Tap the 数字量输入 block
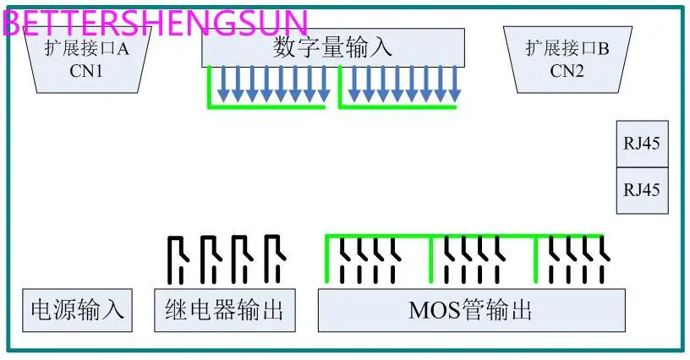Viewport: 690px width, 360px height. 332,47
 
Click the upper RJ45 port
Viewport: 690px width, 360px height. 641,144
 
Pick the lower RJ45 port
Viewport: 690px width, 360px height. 641,190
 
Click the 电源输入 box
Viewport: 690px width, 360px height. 77,310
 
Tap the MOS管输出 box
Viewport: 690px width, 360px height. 471,310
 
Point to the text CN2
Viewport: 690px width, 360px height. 567,71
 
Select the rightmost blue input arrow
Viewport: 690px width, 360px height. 454,85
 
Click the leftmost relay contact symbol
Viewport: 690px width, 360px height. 176,259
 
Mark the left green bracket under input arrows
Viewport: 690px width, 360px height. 266,107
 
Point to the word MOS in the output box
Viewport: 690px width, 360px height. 435,310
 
